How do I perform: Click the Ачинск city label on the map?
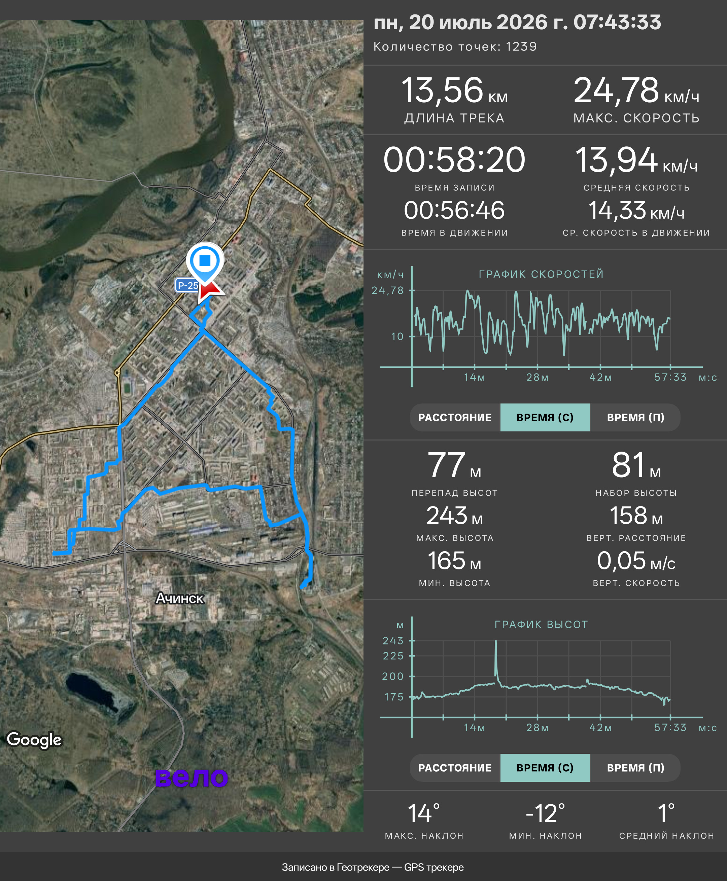[x=180, y=598]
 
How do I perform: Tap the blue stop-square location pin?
[x=205, y=262]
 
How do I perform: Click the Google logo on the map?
[x=34, y=739]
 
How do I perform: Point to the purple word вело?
[x=192, y=777]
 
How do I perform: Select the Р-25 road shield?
[x=187, y=286]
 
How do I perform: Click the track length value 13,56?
[x=442, y=91]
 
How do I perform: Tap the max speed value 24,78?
[x=616, y=91]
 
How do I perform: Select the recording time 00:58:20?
[x=454, y=160]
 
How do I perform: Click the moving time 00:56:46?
[x=454, y=210]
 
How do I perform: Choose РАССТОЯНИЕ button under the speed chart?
[x=455, y=418]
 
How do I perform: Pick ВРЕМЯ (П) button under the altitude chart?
[x=635, y=768]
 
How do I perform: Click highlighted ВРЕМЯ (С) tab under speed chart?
[x=545, y=418]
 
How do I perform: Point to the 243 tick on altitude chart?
[x=393, y=641]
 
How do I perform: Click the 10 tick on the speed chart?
[x=397, y=336]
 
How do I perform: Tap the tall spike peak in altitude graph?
[x=496, y=641]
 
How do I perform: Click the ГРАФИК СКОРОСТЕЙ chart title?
[x=541, y=274]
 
